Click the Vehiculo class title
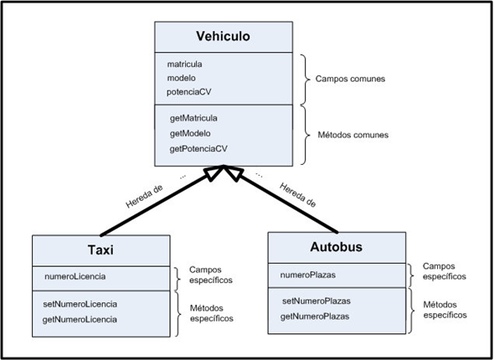pos(223,36)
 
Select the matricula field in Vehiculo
pos(185,63)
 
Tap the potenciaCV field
pos(192,92)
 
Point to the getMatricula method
pos(193,118)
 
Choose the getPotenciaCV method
pos(198,148)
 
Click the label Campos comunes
pos(349,78)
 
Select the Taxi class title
pos(101,250)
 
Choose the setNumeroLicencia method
pos(80,303)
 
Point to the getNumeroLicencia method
pos(80,319)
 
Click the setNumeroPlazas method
pos(316,300)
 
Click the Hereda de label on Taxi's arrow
pos(145,192)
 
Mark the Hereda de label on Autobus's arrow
pos(298,193)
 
